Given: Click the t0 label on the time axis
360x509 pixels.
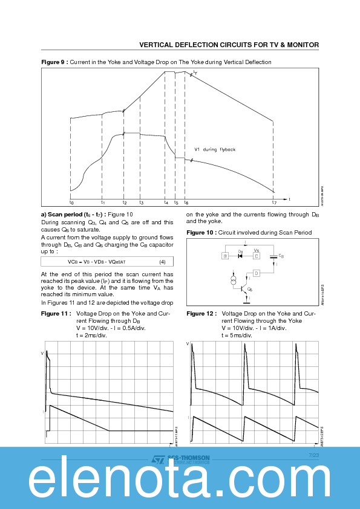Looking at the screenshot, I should pos(71,203).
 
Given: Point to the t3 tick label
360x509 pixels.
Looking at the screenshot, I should pos(141,203).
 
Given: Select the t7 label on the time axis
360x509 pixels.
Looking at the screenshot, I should pos(273,203).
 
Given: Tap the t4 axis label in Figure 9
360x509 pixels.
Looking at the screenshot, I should pos(166,203).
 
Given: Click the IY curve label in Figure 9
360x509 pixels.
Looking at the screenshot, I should pos(195,73).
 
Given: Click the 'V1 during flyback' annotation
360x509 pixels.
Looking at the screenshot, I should pos(215,149).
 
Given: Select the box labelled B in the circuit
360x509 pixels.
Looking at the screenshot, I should pos(225,256).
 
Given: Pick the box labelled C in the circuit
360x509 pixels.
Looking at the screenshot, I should pos(256,256).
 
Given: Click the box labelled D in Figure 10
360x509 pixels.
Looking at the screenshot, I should pos(256,273).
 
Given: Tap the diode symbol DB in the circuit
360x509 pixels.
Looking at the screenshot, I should pos(240,256).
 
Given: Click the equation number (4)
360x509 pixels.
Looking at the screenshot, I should pos(162,262).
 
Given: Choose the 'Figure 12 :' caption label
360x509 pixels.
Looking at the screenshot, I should pos(200,314).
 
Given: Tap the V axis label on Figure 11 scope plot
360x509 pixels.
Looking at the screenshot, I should pos(42,352).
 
